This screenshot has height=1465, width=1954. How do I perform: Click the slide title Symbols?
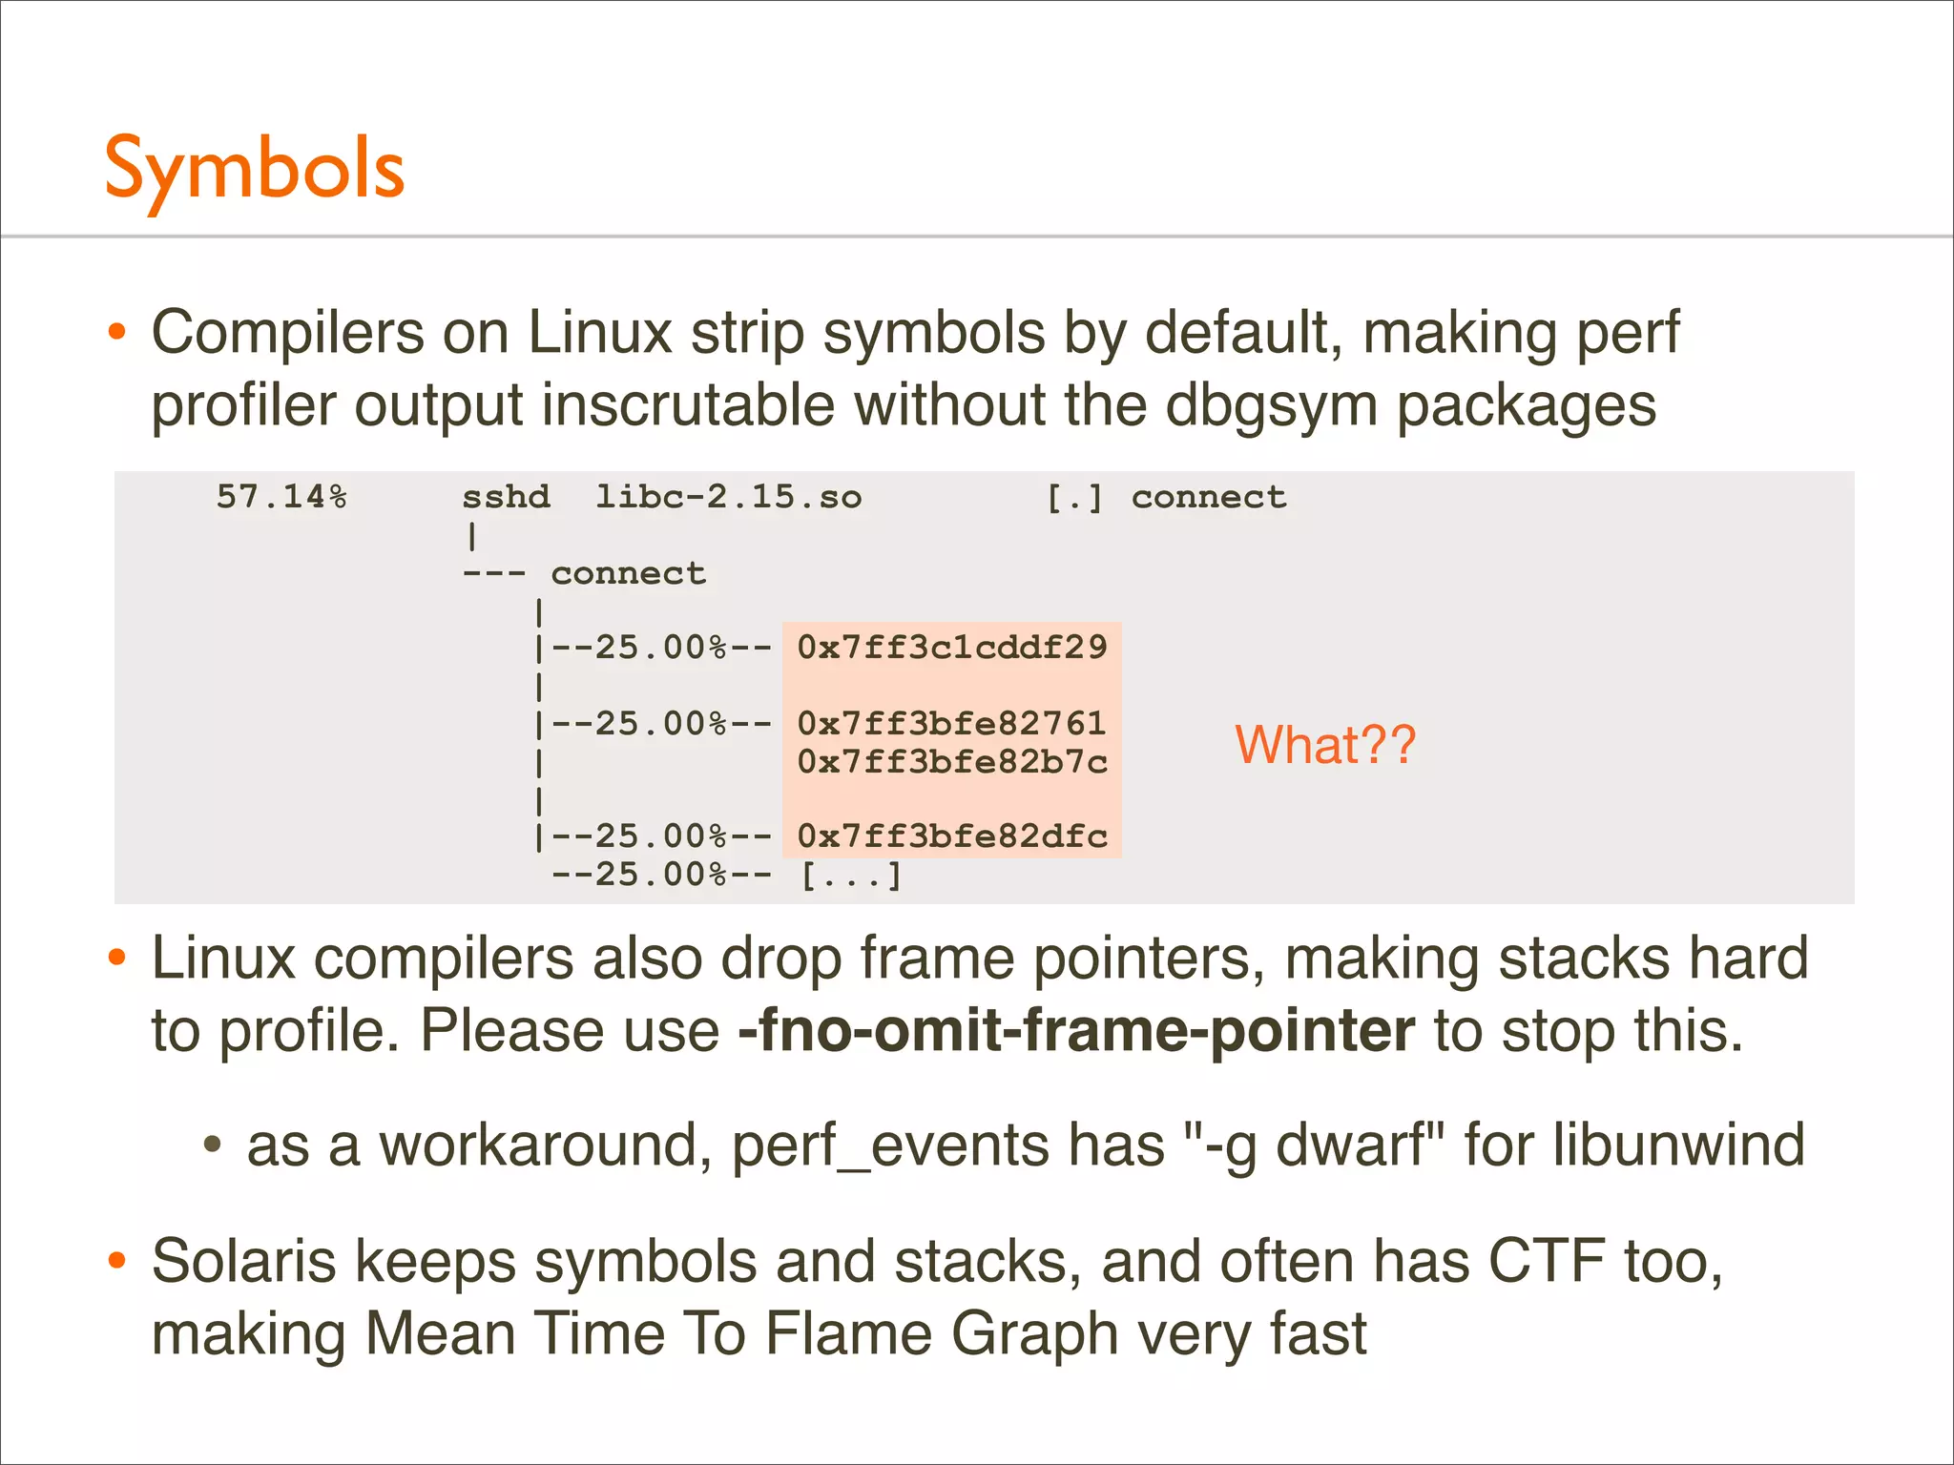255,170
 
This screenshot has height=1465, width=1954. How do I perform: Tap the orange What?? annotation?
1325,745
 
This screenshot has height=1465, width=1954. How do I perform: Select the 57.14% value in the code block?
281,497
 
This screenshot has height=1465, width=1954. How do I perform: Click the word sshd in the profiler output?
506,497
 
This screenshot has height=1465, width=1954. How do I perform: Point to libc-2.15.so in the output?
728,497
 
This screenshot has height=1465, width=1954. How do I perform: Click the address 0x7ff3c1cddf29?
952,648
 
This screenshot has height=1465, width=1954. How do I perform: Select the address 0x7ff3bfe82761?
952,724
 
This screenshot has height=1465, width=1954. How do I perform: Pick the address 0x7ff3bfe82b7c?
952,762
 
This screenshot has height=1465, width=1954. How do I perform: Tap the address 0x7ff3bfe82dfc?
952,836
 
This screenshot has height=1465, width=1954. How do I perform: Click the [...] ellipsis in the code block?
851,875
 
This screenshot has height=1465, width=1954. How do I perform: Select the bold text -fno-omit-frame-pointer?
1076,1031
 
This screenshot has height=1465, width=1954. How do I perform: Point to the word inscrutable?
688,405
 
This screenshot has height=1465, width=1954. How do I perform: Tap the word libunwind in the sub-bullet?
1678,1145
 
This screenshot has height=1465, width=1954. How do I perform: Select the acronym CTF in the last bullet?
1547,1261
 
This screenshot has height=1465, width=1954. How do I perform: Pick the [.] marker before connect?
1074,497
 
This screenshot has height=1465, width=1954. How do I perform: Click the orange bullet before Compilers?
117,333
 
